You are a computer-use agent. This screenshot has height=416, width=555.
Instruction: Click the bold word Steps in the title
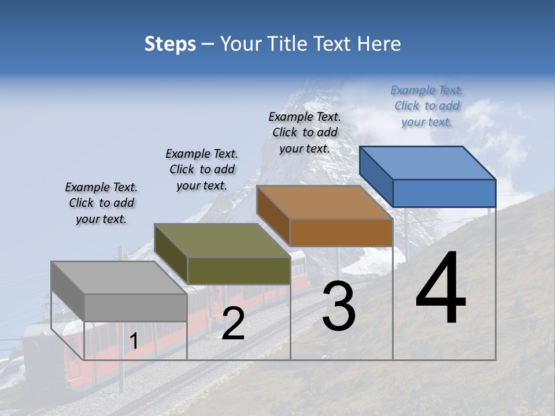tap(170, 44)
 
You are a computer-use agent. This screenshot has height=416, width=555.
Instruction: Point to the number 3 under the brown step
tap(339, 306)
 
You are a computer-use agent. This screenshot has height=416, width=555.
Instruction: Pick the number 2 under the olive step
tap(233, 324)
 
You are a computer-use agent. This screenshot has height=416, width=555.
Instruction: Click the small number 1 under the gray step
tap(134, 341)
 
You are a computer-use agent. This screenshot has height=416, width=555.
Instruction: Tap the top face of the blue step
tap(427, 162)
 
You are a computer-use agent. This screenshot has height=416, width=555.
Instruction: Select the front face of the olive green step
tap(239, 270)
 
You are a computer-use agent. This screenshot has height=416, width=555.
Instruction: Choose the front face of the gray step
tap(136, 307)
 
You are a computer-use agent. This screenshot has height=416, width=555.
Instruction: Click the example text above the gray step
tap(101, 203)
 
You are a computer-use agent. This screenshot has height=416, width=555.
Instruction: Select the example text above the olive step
tap(202, 169)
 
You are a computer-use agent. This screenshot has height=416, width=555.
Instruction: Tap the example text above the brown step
tap(305, 132)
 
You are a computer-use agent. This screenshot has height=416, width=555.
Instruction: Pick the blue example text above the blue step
tap(427, 106)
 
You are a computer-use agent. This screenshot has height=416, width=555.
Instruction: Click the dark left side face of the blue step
tap(376, 176)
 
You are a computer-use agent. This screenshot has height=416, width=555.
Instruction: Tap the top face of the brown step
tap(324, 202)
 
